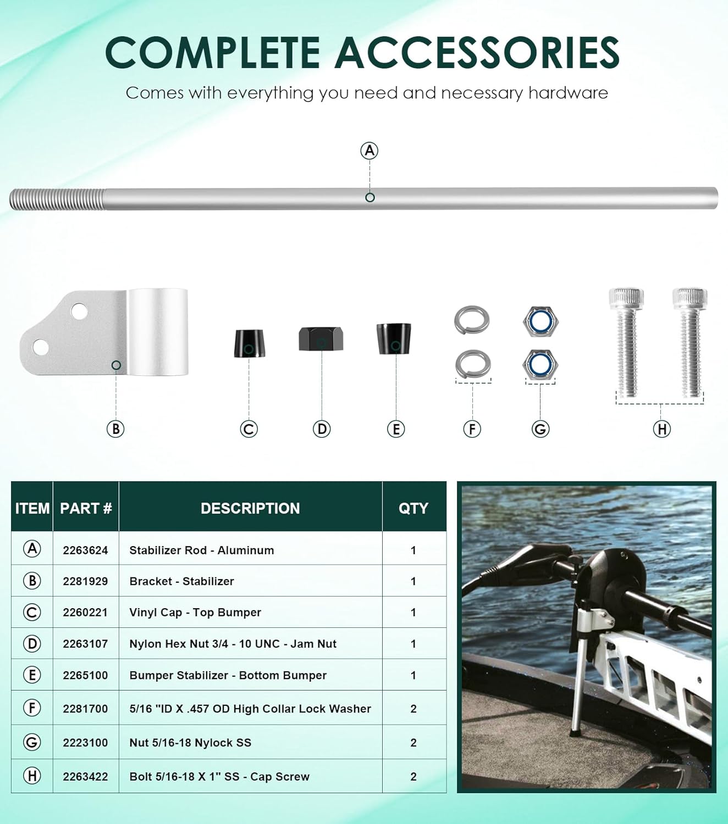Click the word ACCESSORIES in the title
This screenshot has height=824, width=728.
tap(477, 53)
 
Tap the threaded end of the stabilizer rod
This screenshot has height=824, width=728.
tap(57, 199)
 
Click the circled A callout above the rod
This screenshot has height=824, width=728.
tap(369, 151)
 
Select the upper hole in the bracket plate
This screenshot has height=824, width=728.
tap(79, 311)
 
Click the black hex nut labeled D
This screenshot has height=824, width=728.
tap(321, 338)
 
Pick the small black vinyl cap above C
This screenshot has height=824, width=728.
tap(249, 343)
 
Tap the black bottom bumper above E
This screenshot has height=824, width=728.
tap(394, 338)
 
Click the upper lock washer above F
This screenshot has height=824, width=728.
tap(472, 320)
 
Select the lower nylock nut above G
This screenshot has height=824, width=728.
tap(540, 364)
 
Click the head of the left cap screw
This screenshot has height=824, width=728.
tap(626, 298)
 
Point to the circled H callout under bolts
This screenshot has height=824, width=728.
tap(662, 429)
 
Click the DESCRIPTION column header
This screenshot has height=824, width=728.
tap(250, 508)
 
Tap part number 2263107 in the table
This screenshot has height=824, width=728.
tap(85, 644)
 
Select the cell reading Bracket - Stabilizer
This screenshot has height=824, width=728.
tap(181, 581)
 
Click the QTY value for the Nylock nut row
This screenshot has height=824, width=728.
tap(413, 743)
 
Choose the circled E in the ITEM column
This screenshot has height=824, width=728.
tap(32, 675)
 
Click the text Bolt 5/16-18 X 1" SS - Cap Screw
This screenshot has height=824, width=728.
tap(219, 777)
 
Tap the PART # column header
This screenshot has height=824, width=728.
tap(86, 508)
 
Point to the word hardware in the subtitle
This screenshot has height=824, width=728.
tap(568, 93)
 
